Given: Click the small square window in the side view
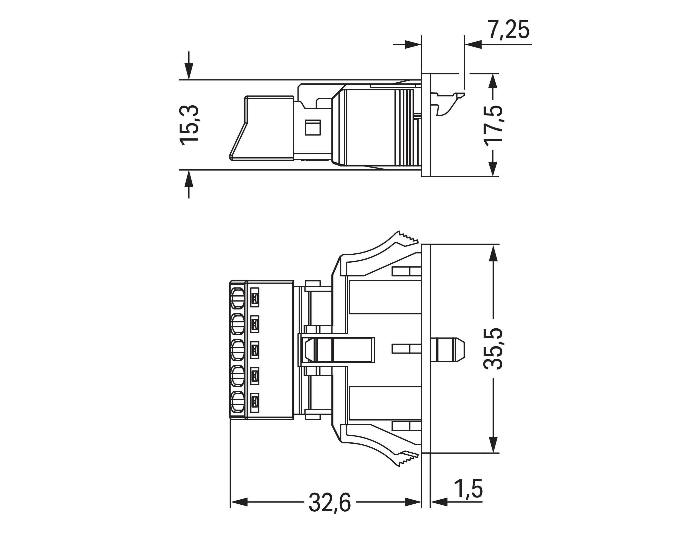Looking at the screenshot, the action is pos(313,127).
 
